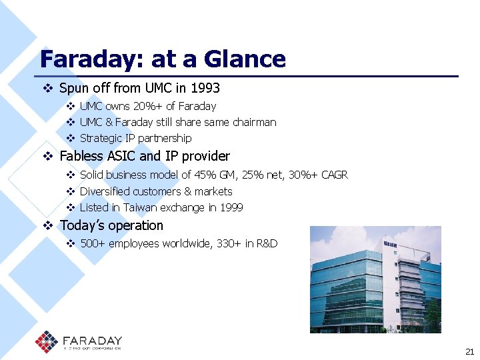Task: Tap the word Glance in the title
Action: (x=245, y=59)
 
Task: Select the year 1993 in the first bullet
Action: (x=205, y=88)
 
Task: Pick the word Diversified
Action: (x=105, y=191)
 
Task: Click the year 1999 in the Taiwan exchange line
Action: (x=231, y=207)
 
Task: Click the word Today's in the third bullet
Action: (x=82, y=225)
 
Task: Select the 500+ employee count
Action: (x=92, y=243)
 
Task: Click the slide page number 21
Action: (x=468, y=351)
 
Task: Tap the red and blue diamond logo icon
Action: (x=47, y=342)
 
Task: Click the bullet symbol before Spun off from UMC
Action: (x=47, y=88)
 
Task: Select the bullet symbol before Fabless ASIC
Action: (x=47, y=156)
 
